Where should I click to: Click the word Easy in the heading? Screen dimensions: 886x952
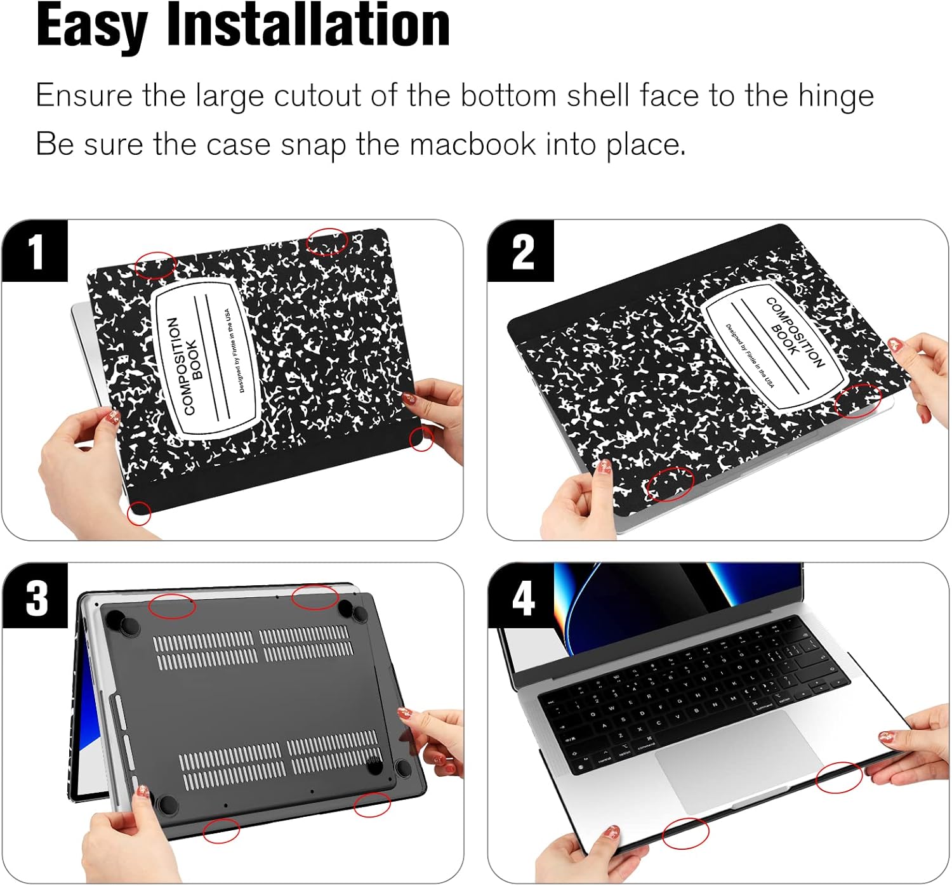[x=91, y=27]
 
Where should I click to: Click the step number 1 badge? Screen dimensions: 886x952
[x=35, y=251]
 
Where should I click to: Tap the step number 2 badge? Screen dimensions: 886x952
[x=522, y=251]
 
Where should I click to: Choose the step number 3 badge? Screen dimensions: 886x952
[x=36, y=597]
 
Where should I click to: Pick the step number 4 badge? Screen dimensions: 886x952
[x=522, y=597]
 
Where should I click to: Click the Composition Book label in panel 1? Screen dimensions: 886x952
[x=206, y=359]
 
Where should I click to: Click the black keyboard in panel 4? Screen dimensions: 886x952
[x=692, y=692]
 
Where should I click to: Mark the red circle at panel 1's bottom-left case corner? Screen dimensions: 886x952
[x=139, y=513]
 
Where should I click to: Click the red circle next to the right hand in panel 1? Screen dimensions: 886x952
[x=421, y=439]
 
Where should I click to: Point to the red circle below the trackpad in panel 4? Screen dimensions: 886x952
[x=685, y=833]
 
